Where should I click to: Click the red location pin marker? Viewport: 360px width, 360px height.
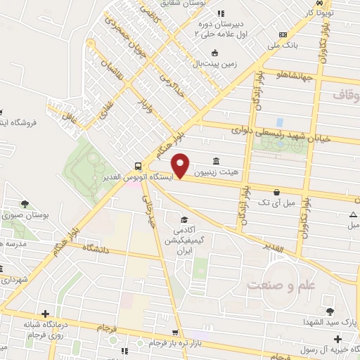pos(181,165)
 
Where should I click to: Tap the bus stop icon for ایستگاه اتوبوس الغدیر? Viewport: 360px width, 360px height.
pos(137,167)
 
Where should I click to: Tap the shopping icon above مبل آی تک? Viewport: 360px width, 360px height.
pos(277,191)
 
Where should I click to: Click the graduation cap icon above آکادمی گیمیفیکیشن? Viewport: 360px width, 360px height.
pos(184,219)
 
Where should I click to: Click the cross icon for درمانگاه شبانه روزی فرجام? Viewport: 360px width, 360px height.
pos(46,314)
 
